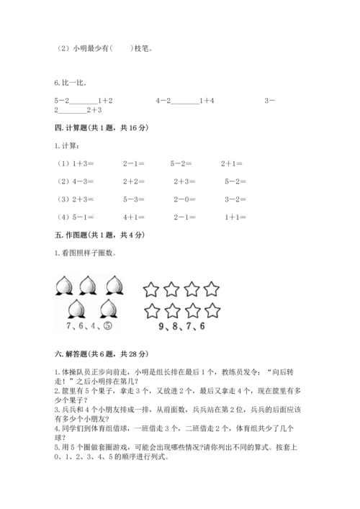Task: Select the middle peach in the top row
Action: click(x=88, y=286)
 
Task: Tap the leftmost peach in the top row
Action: click(x=63, y=286)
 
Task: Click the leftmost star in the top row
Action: click(x=150, y=290)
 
